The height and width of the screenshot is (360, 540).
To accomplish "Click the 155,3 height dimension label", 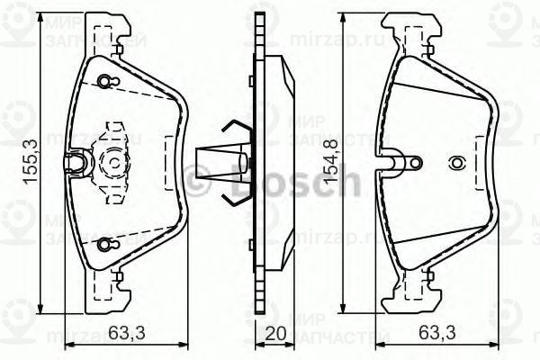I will click(30, 166).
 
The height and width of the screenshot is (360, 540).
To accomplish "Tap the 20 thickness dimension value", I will click(276, 334).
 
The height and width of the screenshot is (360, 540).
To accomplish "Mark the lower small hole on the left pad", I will click(106, 242).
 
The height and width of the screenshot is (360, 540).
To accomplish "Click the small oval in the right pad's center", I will click(456, 164).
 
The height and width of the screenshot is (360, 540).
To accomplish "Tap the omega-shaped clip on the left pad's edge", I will click(79, 162).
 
